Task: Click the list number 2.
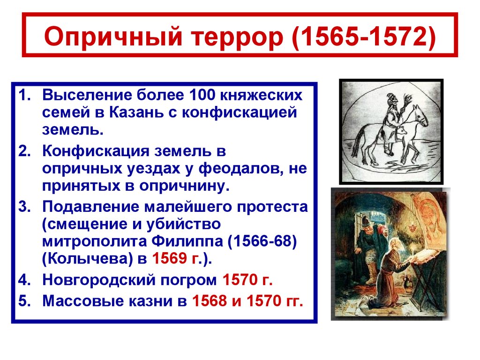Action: [x=24, y=151]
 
